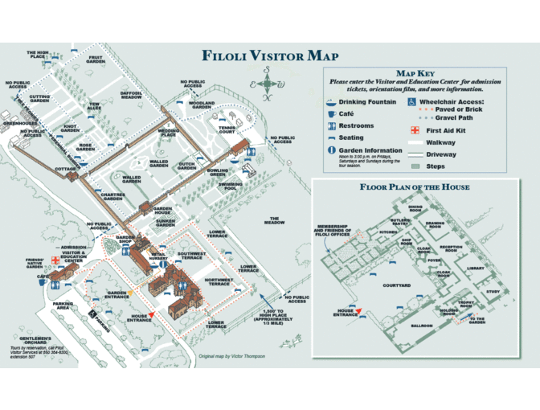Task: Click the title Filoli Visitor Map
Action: coord(270,56)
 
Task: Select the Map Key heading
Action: coord(415,73)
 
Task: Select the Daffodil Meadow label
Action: coord(131,95)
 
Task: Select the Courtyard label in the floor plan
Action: coord(396,285)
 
